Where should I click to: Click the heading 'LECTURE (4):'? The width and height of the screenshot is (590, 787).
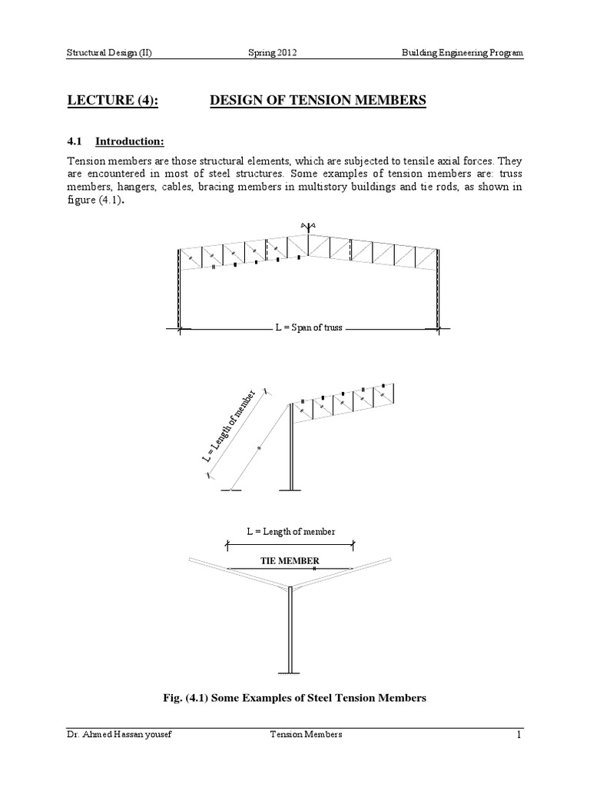[x=111, y=101]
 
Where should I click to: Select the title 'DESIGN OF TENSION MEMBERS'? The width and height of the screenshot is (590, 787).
[x=317, y=101]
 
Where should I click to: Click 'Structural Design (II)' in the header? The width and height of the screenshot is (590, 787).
[x=108, y=53]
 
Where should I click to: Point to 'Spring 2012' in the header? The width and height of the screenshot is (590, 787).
[x=271, y=53]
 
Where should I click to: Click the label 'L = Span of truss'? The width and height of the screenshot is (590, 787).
[x=308, y=328]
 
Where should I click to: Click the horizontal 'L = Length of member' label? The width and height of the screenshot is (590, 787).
[x=290, y=531]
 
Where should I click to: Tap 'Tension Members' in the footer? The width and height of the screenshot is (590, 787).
[x=300, y=736]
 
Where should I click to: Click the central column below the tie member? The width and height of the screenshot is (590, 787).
[x=290, y=630]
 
